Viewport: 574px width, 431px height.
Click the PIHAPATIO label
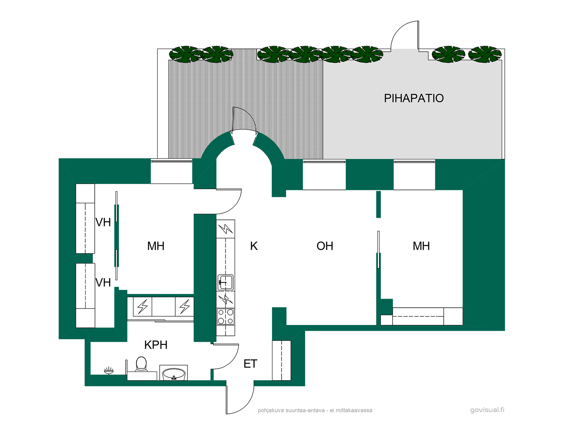(x=414, y=98)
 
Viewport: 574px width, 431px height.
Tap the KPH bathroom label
(x=156, y=345)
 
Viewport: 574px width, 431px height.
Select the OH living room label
(x=325, y=246)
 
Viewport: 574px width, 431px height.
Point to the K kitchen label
(x=254, y=246)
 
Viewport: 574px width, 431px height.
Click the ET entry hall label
(x=250, y=364)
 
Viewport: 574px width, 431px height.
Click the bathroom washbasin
(x=173, y=373)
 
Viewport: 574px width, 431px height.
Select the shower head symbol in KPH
(x=109, y=371)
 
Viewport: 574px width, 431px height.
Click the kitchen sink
(x=225, y=282)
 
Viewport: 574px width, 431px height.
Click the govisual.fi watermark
(x=487, y=410)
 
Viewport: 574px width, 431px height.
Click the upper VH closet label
(x=103, y=222)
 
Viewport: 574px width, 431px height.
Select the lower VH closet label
(x=103, y=283)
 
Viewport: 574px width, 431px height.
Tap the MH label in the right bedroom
(x=421, y=246)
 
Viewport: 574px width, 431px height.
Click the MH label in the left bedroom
(x=156, y=246)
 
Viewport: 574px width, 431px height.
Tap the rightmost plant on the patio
(x=484, y=54)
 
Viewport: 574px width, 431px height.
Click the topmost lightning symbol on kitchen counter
(x=226, y=229)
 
